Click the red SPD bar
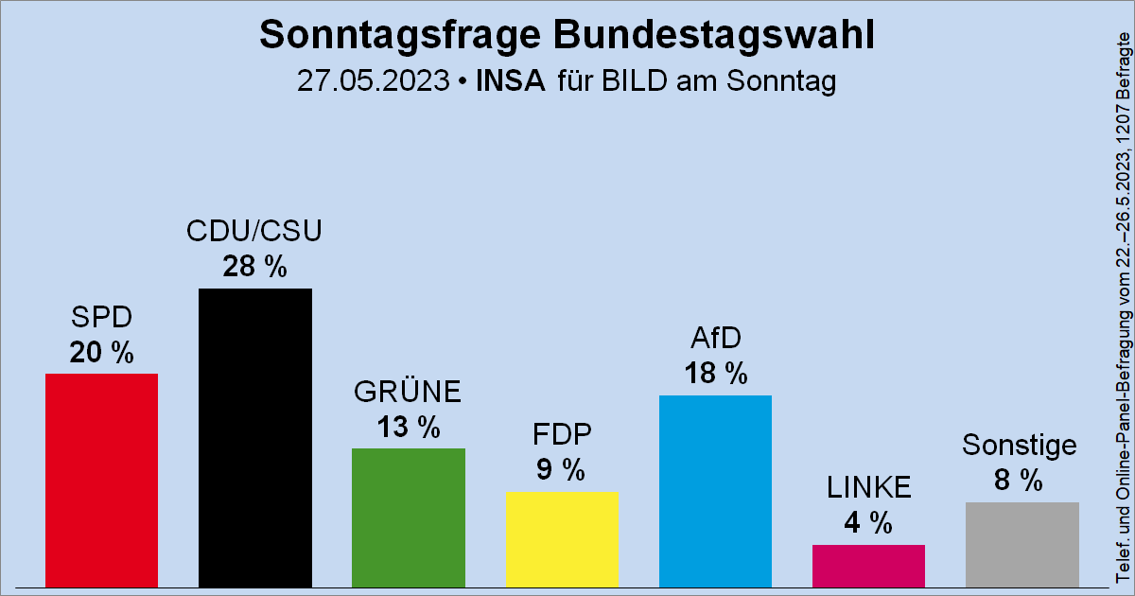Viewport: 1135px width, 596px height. (x=101, y=480)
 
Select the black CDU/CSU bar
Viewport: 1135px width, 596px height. (x=255, y=437)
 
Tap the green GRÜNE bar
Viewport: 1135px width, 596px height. (x=409, y=517)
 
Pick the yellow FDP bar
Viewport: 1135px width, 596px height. (x=562, y=538)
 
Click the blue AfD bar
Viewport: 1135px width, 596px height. (x=715, y=491)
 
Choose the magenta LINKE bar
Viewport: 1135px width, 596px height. (x=868, y=566)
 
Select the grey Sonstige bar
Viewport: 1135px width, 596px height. (x=1021, y=544)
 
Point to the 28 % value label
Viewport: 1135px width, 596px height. (x=255, y=268)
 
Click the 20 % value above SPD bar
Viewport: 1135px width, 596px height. (x=101, y=353)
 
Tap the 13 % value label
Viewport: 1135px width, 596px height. (x=409, y=428)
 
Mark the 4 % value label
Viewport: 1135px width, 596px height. (x=868, y=523)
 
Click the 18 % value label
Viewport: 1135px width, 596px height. (x=715, y=374)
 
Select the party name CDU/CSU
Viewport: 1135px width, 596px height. (x=255, y=231)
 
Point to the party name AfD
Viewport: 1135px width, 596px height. (x=715, y=338)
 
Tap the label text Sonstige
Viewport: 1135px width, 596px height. (x=1021, y=445)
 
